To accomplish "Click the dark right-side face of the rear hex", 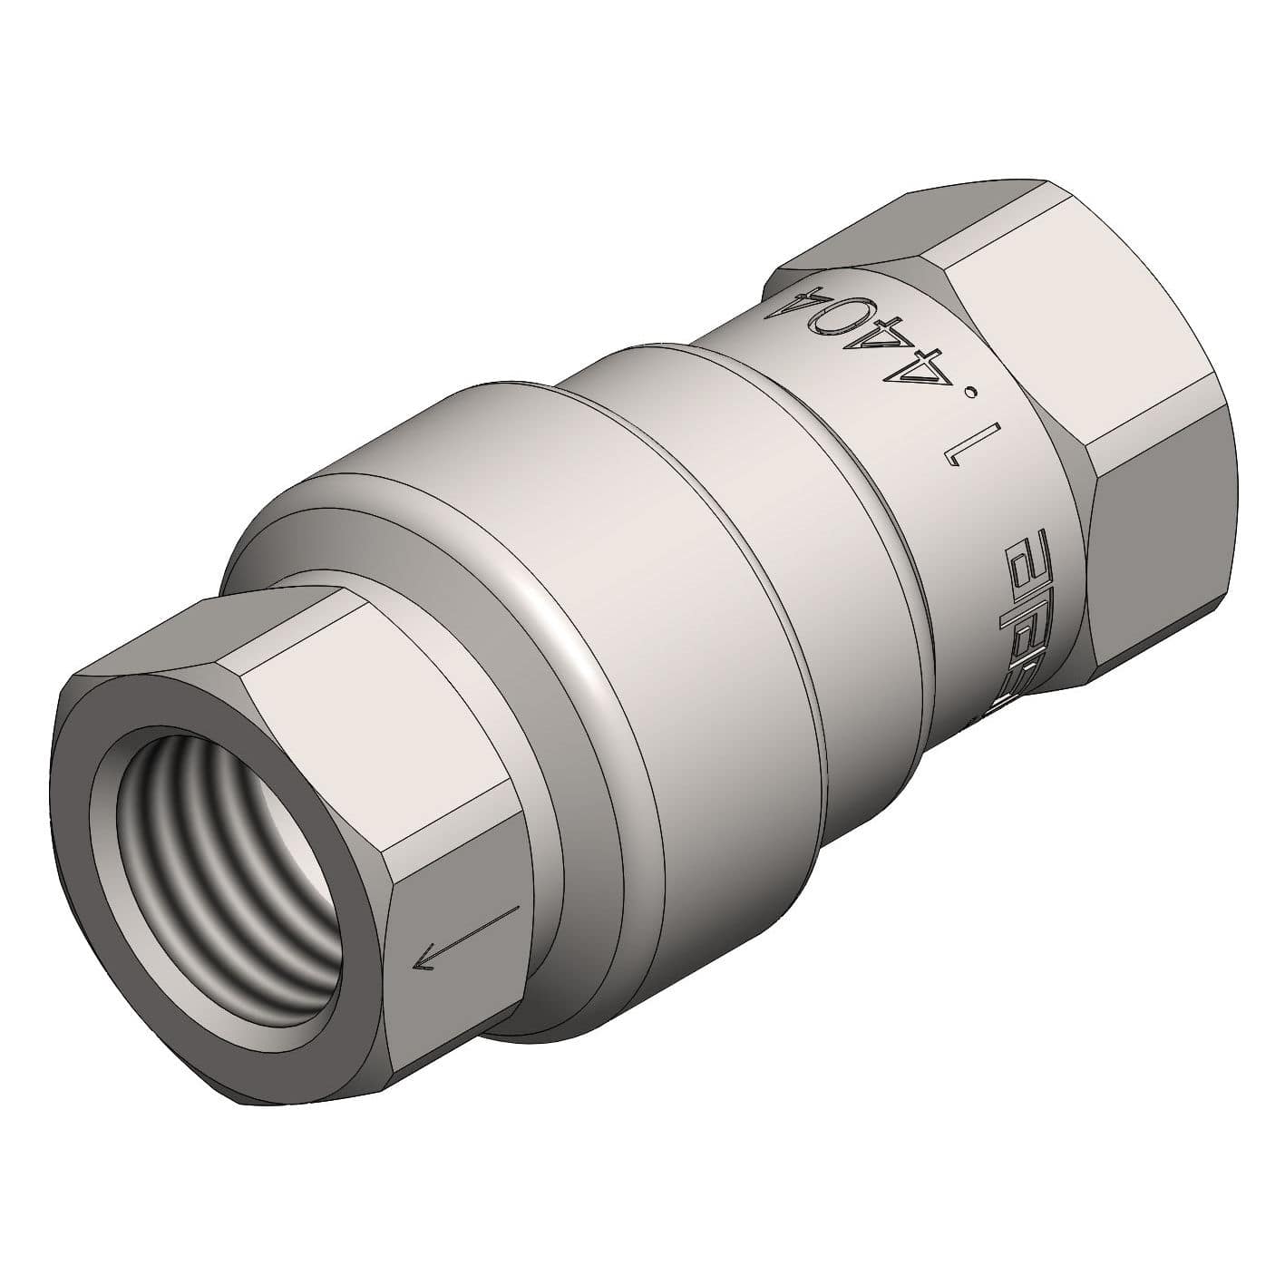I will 1161,544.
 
